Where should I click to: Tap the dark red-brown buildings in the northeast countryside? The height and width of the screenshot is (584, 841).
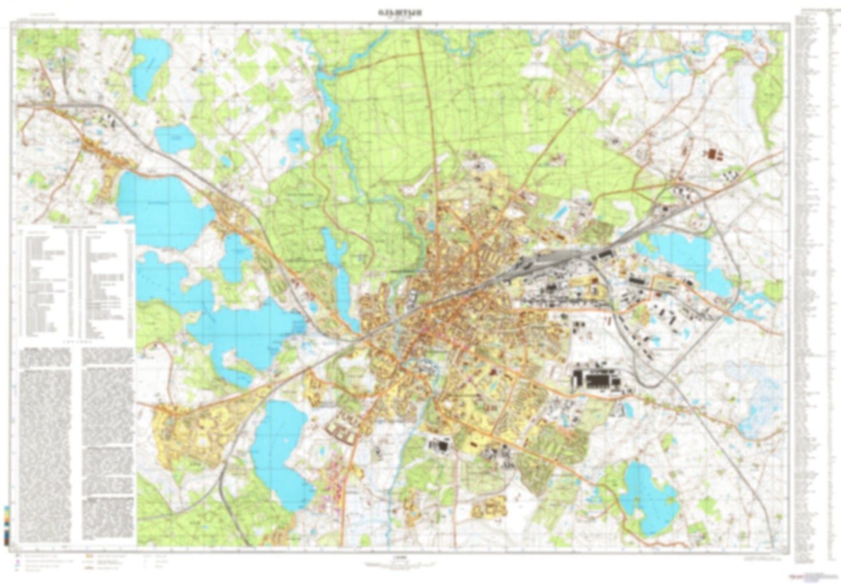click(712, 154)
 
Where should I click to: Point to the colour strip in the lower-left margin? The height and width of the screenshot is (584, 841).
click(6, 524)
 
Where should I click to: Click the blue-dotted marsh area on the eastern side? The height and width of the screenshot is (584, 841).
click(757, 390)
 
